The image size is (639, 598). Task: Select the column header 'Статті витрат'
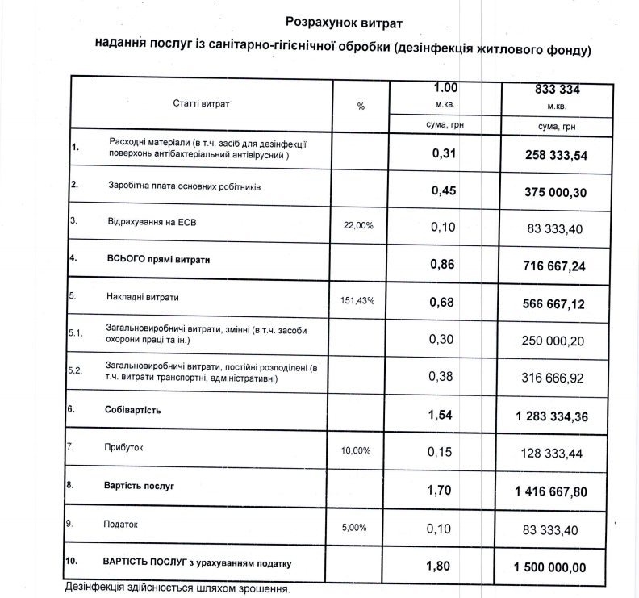tap(201, 104)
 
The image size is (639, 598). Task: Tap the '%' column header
tap(361, 106)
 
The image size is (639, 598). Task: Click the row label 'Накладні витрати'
tap(143, 298)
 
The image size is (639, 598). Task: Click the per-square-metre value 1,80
tap(442, 566)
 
